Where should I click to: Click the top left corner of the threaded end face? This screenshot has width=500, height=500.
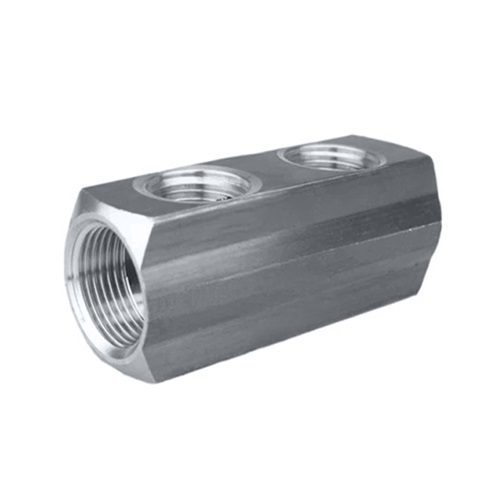pyautogui.click(x=86, y=189)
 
